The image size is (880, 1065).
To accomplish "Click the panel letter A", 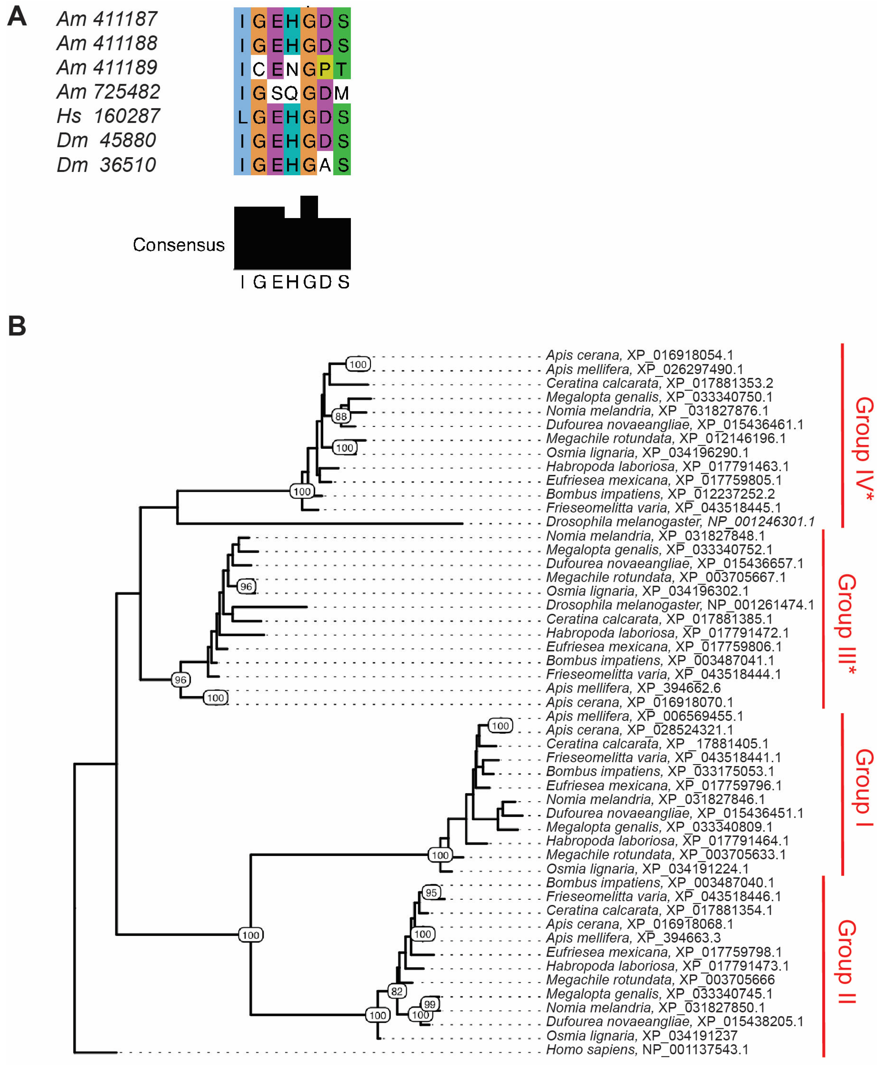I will coord(17,17).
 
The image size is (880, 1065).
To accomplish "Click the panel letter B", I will coord(17,326).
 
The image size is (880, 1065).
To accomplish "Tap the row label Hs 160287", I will coord(108,116).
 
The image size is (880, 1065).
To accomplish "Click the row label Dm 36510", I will coord(106,165).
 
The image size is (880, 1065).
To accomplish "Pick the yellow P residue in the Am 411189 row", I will coord(325,69).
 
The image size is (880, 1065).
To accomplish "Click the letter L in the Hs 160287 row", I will coord(242,117).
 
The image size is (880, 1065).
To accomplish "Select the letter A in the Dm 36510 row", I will coord(325,165).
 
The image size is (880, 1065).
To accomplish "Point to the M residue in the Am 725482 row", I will coord(342,93).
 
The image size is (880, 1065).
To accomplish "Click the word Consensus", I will coord(179,245).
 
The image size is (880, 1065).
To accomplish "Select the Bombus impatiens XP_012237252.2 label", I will coord(660,494).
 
